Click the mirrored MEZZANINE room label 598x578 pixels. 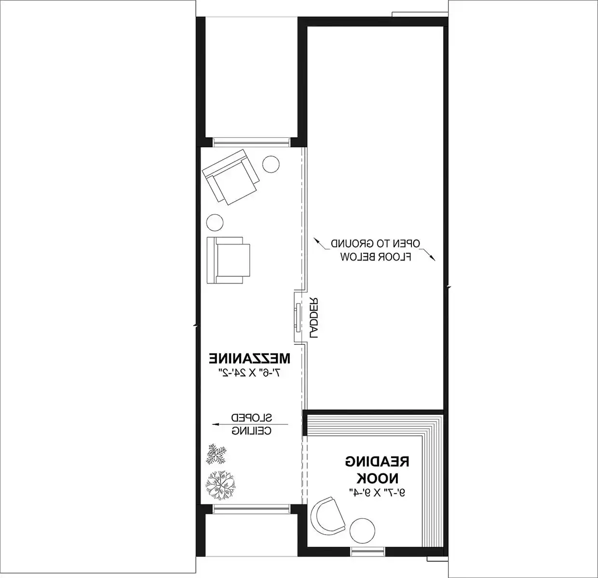(249, 359)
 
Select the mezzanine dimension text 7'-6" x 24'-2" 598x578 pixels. (250, 372)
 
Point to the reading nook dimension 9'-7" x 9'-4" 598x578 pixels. (377, 492)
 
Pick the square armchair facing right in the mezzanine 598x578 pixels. (230, 260)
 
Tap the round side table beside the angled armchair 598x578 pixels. (271, 164)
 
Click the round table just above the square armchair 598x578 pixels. (215, 223)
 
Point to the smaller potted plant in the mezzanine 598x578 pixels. (217, 454)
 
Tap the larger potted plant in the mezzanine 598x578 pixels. (220, 485)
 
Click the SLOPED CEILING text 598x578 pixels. (251, 424)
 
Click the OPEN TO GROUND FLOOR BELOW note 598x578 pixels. (376, 250)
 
